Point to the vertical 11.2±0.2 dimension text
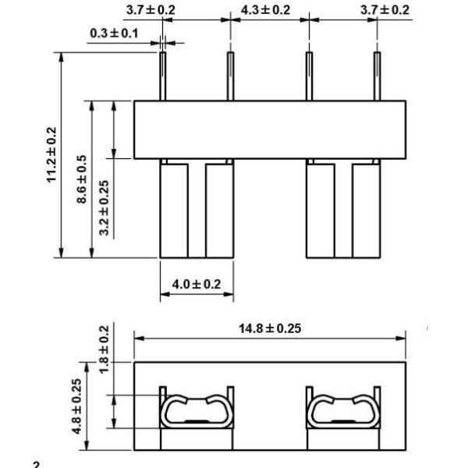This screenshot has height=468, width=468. click(52, 154)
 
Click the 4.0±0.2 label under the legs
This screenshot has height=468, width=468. click(196, 284)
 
